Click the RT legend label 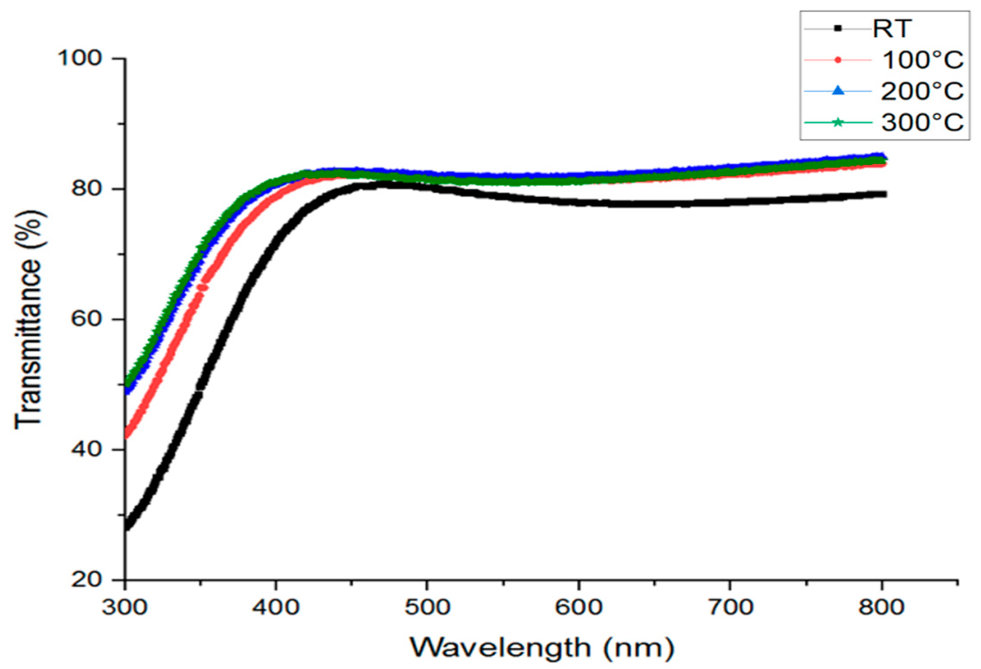click(891, 29)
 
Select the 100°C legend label click(922, 60)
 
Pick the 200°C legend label click(922, 92)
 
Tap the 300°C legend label click(922, 122)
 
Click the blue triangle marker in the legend click(838, 91)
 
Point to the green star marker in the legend click(838, 122)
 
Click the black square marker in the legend click(838, 29)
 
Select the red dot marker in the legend click(838, 60)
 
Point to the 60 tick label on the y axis click(86, 319)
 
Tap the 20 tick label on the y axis click(86, 580)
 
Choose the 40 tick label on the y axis click(86, 449)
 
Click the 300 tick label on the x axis click(125, 608)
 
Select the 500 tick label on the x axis click(427, 608)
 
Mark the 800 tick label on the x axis click(881, 608)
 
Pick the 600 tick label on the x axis click(578, 608)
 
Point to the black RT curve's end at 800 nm click(884, 194)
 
